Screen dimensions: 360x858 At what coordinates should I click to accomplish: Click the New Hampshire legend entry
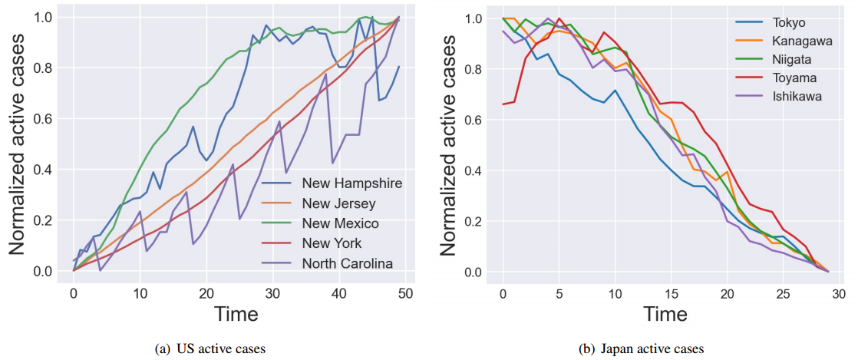(x=351, y=183)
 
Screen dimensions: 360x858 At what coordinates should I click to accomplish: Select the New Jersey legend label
(x=338, y=203)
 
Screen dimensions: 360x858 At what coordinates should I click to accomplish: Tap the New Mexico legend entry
(x=340, y=223)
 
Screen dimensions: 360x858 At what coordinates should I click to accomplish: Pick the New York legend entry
(x=332, y=243)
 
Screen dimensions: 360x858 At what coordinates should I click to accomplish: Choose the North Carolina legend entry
(x=347, y=263)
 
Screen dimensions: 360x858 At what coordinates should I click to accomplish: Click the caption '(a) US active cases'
(x=210, y=348)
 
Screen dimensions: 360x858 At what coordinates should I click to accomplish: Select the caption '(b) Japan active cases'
(x=642, y=348)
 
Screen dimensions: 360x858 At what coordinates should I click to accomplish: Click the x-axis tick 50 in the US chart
(x=406, y=292)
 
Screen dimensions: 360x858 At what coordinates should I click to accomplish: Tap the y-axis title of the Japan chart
(x=449, y=146)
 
